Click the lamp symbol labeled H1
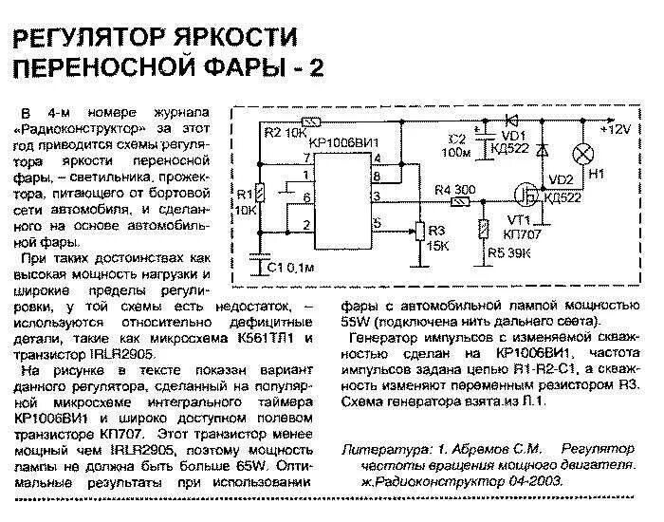coord(585,154)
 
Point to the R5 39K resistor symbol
coord(483,230)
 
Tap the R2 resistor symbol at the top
coord(308,122)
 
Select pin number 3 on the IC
coord(377,196)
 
